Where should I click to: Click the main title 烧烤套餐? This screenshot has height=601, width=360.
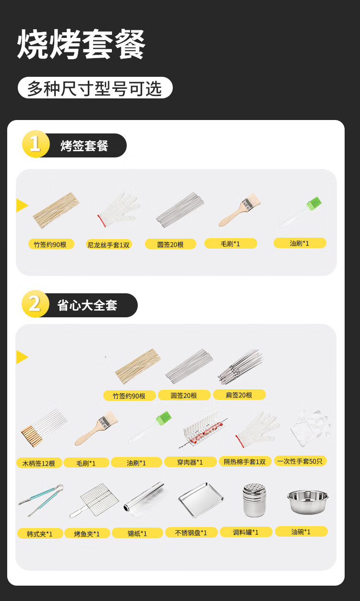pos(81,44)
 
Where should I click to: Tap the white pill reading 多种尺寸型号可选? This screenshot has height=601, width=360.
pos(95,88)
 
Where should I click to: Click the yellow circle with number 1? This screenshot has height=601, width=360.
pos(36,144)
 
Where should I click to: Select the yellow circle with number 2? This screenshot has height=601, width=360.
pos(35,304)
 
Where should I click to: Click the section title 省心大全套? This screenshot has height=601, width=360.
pos(87,305)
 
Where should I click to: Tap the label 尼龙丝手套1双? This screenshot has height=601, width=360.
pos(108,245)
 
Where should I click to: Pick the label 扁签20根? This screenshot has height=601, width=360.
pos(240,395)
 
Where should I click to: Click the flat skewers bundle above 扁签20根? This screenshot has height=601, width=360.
pos(240,366)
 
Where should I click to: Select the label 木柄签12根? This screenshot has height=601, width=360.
pos(39,463)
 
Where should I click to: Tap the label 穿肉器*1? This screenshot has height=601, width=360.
pos(190,462)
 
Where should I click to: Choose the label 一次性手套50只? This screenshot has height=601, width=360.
pos(300,461)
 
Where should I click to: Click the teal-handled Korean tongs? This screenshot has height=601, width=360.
pos(41,500)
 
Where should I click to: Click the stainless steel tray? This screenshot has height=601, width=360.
pos(201,500)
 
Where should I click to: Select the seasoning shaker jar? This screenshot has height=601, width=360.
pos(254,500)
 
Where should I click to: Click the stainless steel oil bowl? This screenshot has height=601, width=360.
pos(308,502)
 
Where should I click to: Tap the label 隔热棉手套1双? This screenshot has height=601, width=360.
pos(245,461)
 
